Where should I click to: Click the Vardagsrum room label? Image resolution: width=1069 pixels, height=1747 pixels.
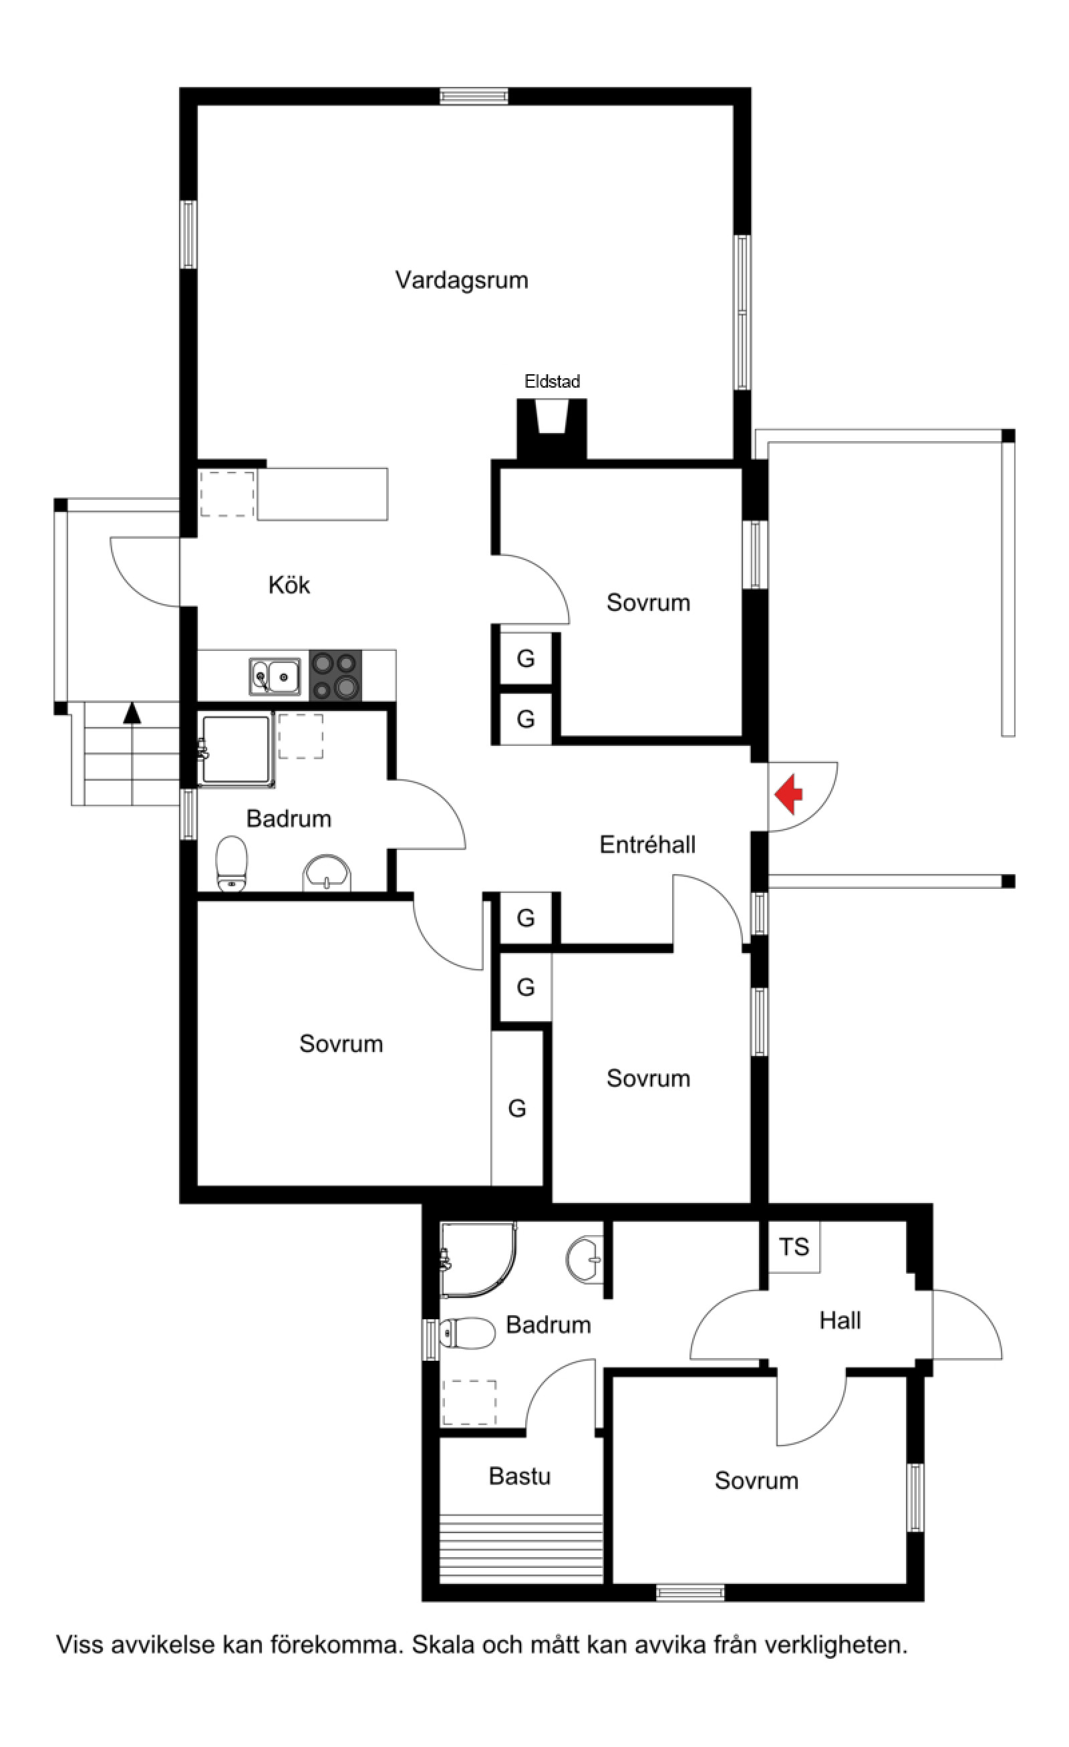(x=462, y=280)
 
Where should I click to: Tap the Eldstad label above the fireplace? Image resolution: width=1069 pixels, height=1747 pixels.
(x=553, y=382)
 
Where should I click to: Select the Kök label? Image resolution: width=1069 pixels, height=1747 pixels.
(x=289, y=585)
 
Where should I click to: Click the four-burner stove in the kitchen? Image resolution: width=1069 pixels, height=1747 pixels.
(x=335, y=676)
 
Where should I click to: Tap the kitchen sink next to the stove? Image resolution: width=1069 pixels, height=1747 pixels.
(x=275, y=676)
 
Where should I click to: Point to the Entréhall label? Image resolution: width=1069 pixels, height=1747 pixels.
(x=647, y=845)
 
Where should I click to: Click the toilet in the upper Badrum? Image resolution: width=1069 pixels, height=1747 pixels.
(x=231, y=863)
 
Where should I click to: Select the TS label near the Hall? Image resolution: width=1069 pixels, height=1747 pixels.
(x=794, y=1246)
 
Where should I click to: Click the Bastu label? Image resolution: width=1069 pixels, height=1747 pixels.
(x=520, y=1476)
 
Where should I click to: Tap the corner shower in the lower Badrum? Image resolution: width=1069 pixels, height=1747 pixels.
(x=478, y=1259)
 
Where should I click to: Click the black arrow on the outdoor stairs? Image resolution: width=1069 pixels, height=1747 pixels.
(x=132, y=712)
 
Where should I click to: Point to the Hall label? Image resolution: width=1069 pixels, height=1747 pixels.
(x=840, y=1320)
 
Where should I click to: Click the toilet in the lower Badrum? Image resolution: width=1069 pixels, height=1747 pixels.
(x=466, y=1333)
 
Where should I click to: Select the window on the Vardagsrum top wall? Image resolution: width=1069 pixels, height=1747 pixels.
(x=474, y=96)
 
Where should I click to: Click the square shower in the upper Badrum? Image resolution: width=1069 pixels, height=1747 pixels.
(x=236, y=750)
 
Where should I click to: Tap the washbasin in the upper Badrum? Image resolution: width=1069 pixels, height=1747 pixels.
(x=327, y=872)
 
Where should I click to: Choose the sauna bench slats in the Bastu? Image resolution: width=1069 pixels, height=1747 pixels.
(x=522, y=1548)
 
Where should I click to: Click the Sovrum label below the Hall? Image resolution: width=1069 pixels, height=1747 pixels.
(x=756, y=1480)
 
